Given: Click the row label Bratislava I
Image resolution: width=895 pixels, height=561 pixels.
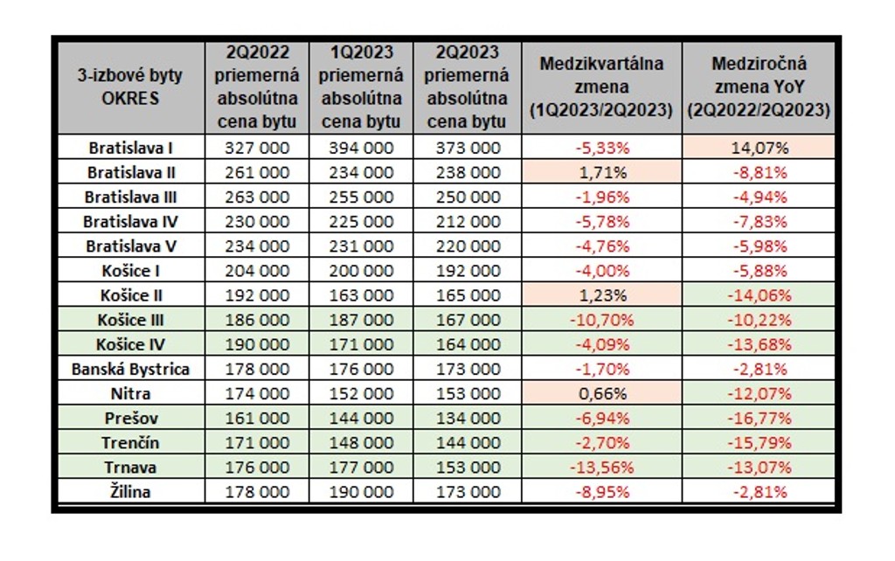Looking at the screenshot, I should [131, 148].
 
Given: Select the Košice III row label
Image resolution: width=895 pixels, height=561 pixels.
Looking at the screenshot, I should [131, 320].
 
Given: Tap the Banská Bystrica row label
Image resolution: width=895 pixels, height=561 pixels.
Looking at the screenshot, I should [131, 369].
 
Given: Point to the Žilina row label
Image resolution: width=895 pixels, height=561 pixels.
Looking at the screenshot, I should [131, 492].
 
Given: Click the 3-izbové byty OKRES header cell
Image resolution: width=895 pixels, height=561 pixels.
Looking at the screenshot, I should [131, 87].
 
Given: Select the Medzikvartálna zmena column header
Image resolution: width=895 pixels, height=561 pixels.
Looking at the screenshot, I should [601, 87].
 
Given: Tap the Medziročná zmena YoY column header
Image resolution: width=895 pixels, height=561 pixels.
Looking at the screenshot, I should [759, 87].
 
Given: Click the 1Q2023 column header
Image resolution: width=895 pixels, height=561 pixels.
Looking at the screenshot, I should [362, 87].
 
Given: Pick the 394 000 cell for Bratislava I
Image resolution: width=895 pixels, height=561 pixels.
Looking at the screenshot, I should [362, 148].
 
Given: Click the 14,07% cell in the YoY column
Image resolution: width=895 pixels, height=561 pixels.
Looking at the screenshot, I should [759, 148].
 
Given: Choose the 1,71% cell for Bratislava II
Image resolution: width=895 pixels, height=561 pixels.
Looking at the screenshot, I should [601, 172].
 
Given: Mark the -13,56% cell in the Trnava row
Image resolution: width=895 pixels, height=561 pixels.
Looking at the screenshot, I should [601, 467].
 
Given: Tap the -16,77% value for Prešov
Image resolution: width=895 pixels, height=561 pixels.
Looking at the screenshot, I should [759, 419].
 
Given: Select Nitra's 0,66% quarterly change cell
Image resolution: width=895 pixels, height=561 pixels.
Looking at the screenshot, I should [601, 394].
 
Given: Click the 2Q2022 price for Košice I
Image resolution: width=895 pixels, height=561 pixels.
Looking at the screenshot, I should [257, 271].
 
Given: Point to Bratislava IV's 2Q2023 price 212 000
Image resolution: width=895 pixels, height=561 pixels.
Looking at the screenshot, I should [467, 222].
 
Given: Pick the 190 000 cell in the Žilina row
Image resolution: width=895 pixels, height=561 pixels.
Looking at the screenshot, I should [362, 492].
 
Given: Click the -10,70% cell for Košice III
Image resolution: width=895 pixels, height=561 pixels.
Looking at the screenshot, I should [601, 320].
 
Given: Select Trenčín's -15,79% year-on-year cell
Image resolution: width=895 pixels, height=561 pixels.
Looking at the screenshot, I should [759, 443].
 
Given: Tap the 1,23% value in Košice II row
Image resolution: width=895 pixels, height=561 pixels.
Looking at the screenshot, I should [601, 295].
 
